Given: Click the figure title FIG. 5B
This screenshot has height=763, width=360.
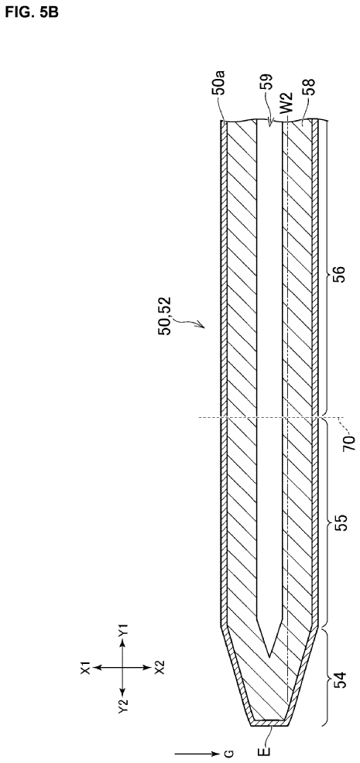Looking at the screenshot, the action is [32, 12].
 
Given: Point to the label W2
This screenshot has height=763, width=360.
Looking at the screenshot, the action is [289, 110].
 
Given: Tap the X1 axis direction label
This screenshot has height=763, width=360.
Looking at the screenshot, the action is [86, 667].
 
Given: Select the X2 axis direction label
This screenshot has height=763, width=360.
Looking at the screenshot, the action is [159, 667].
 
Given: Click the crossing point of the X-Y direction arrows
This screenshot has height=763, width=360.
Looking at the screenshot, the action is [122, 668].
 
